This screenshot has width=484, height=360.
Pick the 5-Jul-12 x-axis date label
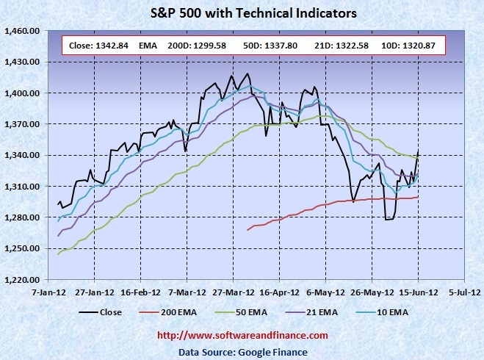pos(464,291)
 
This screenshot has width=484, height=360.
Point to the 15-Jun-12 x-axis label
pos(418,291)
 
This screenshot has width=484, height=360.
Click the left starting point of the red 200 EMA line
pos(248,230)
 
